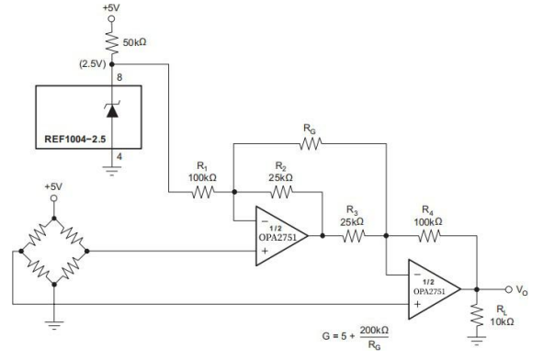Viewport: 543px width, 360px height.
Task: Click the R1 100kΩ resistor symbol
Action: tap(202, 193)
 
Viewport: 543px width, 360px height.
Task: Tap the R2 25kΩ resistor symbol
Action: tap(280, 193)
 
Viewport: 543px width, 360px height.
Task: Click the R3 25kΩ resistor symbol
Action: tap(354, 236)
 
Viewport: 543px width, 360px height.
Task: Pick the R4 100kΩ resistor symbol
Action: tap(430, 236)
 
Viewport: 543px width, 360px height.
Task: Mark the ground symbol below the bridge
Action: tap(55, 321)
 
